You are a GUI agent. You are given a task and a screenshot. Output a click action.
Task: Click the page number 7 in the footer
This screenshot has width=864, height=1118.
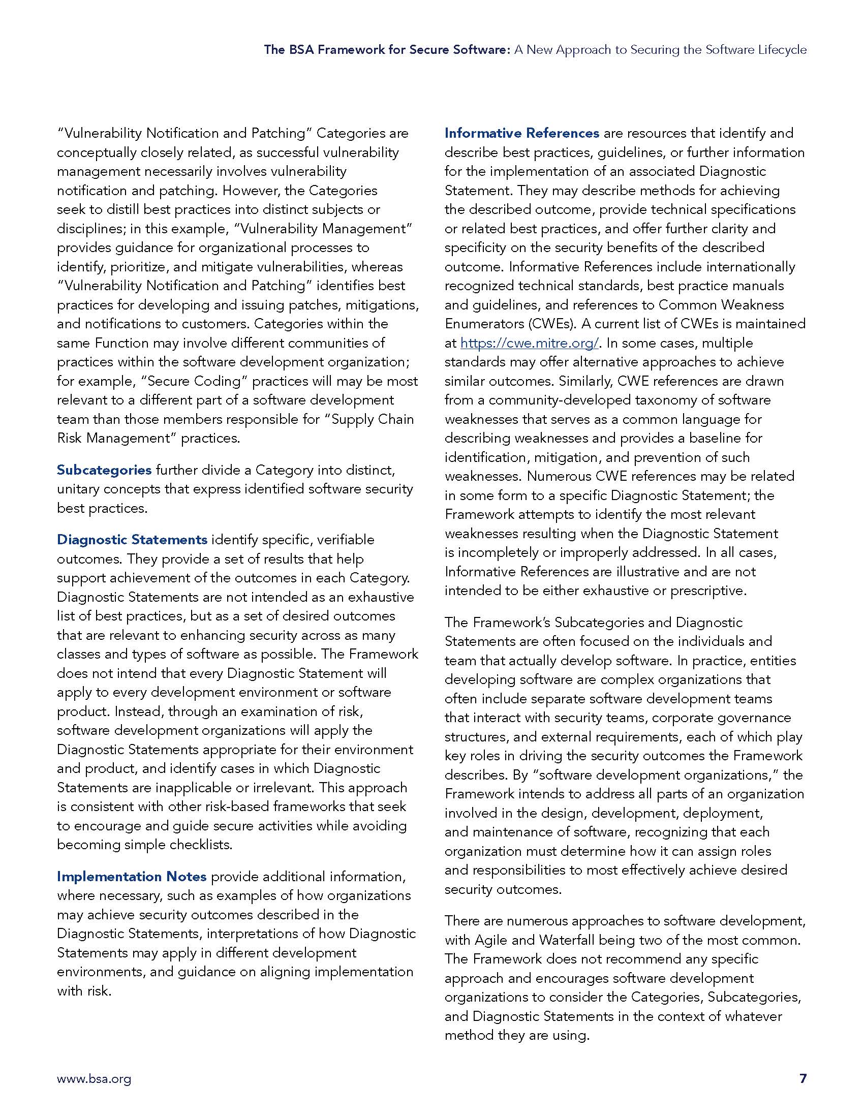click(x=803, y=1078)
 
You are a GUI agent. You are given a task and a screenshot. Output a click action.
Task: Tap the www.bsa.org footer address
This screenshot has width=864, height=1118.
click(x=94, y=1079)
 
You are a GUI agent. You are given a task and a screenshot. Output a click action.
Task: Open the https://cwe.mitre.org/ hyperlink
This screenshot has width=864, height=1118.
click(x=529, y=343)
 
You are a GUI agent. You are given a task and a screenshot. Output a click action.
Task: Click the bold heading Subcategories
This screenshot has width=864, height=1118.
click(x=104, y=470)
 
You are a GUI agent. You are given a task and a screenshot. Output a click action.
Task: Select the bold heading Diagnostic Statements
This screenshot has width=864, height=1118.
click(x=132, y=540)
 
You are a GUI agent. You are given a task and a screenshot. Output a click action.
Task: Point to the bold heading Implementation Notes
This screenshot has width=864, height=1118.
click(x=132, y=877)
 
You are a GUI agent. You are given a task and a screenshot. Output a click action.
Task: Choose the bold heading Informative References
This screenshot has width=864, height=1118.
click(x=521, y=133)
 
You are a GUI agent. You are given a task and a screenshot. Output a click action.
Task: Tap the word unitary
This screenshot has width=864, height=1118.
click(x=78, y=489)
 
